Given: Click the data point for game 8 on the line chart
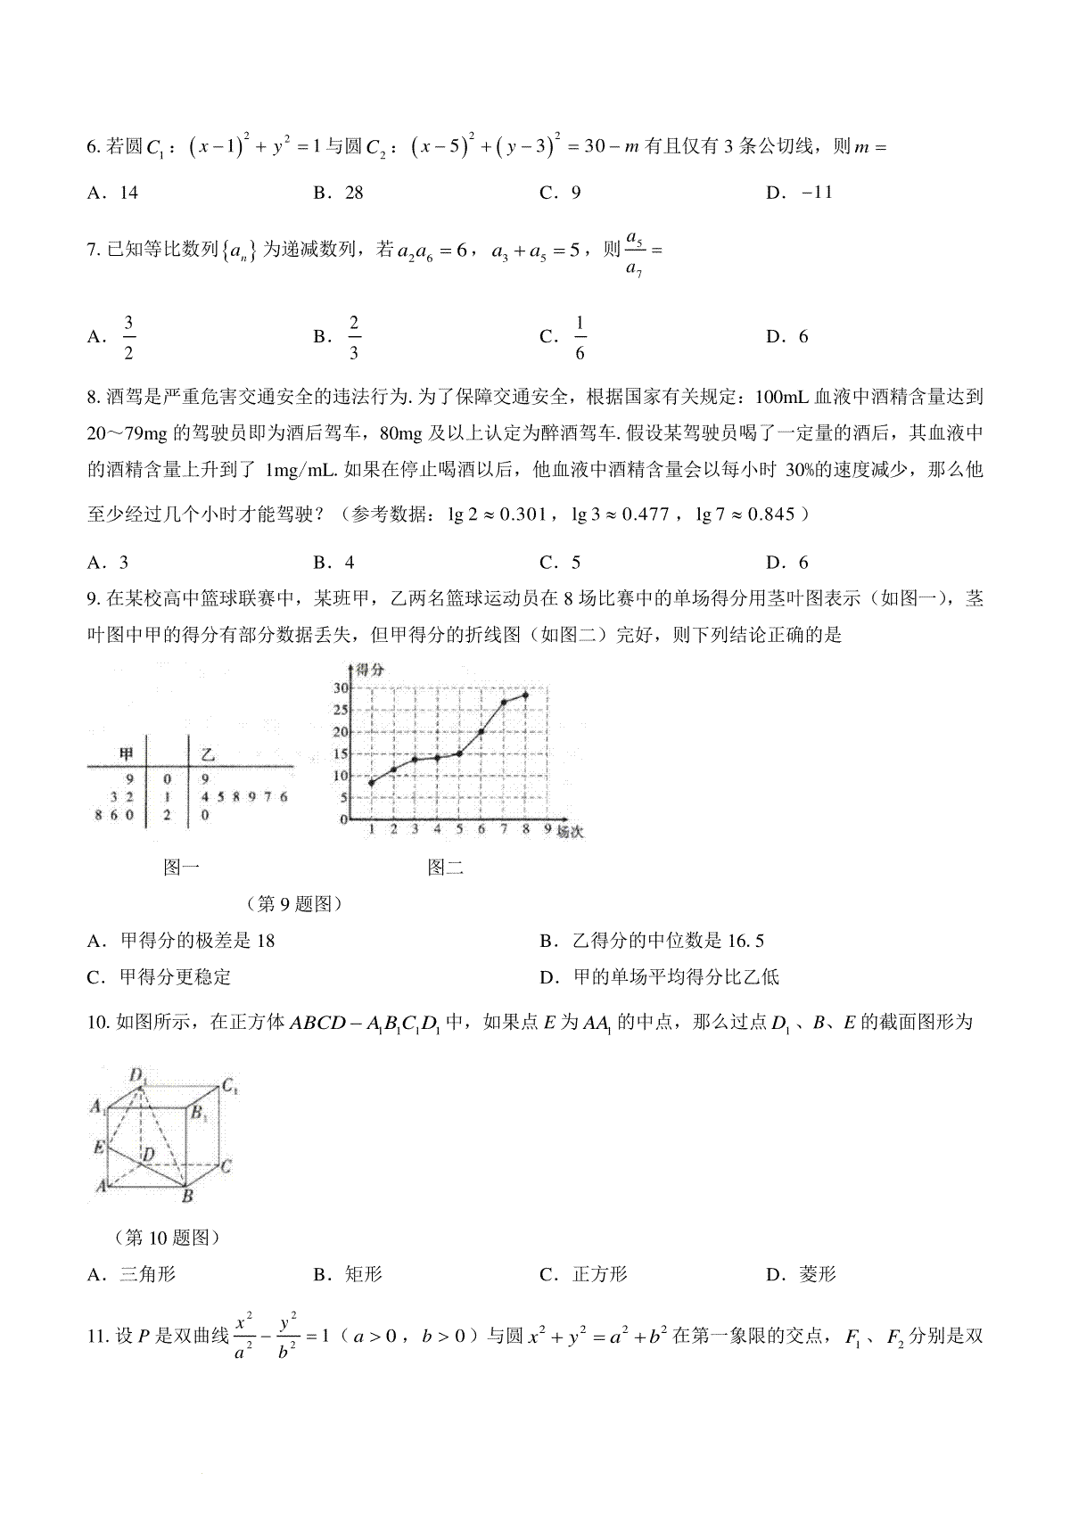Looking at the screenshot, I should (x=526, y=695).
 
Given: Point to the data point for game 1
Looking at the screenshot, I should (x=371, y=783).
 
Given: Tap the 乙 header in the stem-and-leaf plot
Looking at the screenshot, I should (x=208, y=755).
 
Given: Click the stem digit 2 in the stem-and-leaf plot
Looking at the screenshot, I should (x=167, y=814).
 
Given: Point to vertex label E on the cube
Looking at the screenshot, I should (x=99, y=1147).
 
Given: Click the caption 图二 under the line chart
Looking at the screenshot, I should (x=445, y=867).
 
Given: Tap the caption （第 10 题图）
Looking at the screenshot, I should (x=167, y=1238).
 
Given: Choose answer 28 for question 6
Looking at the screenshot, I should (x=353, y=193).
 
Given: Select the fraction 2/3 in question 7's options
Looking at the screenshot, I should (x=354, y=337).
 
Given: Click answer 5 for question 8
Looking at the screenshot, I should (x=576, y=562).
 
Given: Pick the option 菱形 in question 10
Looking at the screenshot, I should (x=818, y=1274).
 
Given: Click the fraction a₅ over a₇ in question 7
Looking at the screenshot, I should (x=635, y=252).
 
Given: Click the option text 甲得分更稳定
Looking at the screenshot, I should (x=175, y=977).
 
